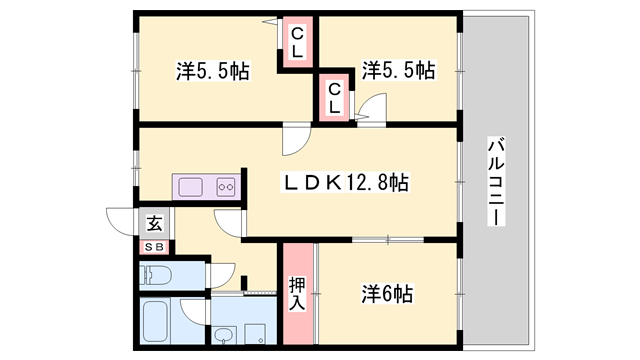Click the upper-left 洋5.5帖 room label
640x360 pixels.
click(212, 71)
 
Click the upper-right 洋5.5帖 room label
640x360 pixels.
click(398, 70)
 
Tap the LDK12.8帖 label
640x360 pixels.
click(347, 184)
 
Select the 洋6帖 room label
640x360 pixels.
click(387, 294)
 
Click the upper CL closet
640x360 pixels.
click(297, 43)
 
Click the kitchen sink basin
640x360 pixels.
click(189, 186)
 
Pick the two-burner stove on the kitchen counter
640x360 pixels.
click(224, 186)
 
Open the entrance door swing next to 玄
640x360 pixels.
click(122, 222)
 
